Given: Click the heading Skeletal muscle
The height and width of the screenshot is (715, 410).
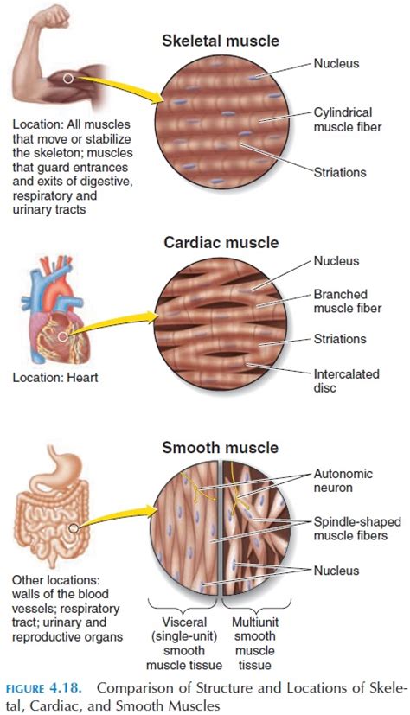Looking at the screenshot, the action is click(x=221, y=41).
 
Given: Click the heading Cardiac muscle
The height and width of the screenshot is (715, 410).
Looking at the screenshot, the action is click(x=221, y=242).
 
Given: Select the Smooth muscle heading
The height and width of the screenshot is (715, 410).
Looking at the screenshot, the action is click(x=221, y=447).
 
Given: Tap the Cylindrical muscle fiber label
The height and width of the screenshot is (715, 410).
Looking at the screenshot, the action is click(x=348, y=119).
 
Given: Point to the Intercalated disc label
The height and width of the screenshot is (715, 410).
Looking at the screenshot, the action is click(x=346, y=380).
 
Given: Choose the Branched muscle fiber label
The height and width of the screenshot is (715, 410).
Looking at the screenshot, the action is click(x=348, y=301).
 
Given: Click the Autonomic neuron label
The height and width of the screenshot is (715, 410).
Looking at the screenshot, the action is click(x=343, y=481).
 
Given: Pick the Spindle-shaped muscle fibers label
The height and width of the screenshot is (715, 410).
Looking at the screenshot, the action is click(x=357, y=528).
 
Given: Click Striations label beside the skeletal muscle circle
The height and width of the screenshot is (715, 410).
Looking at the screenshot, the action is click(x=340, y=172).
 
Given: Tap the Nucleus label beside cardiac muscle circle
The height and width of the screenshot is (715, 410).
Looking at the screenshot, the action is click(x=336, y=261).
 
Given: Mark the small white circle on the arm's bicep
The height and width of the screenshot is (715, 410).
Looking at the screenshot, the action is click(x=68, y=79).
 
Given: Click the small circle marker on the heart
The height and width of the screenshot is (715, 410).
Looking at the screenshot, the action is click(x=62, y=337).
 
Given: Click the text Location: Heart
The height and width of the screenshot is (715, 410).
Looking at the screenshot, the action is click(x=55, y=377).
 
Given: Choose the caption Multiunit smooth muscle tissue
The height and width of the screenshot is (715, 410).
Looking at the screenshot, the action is click(x=255, y=643).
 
